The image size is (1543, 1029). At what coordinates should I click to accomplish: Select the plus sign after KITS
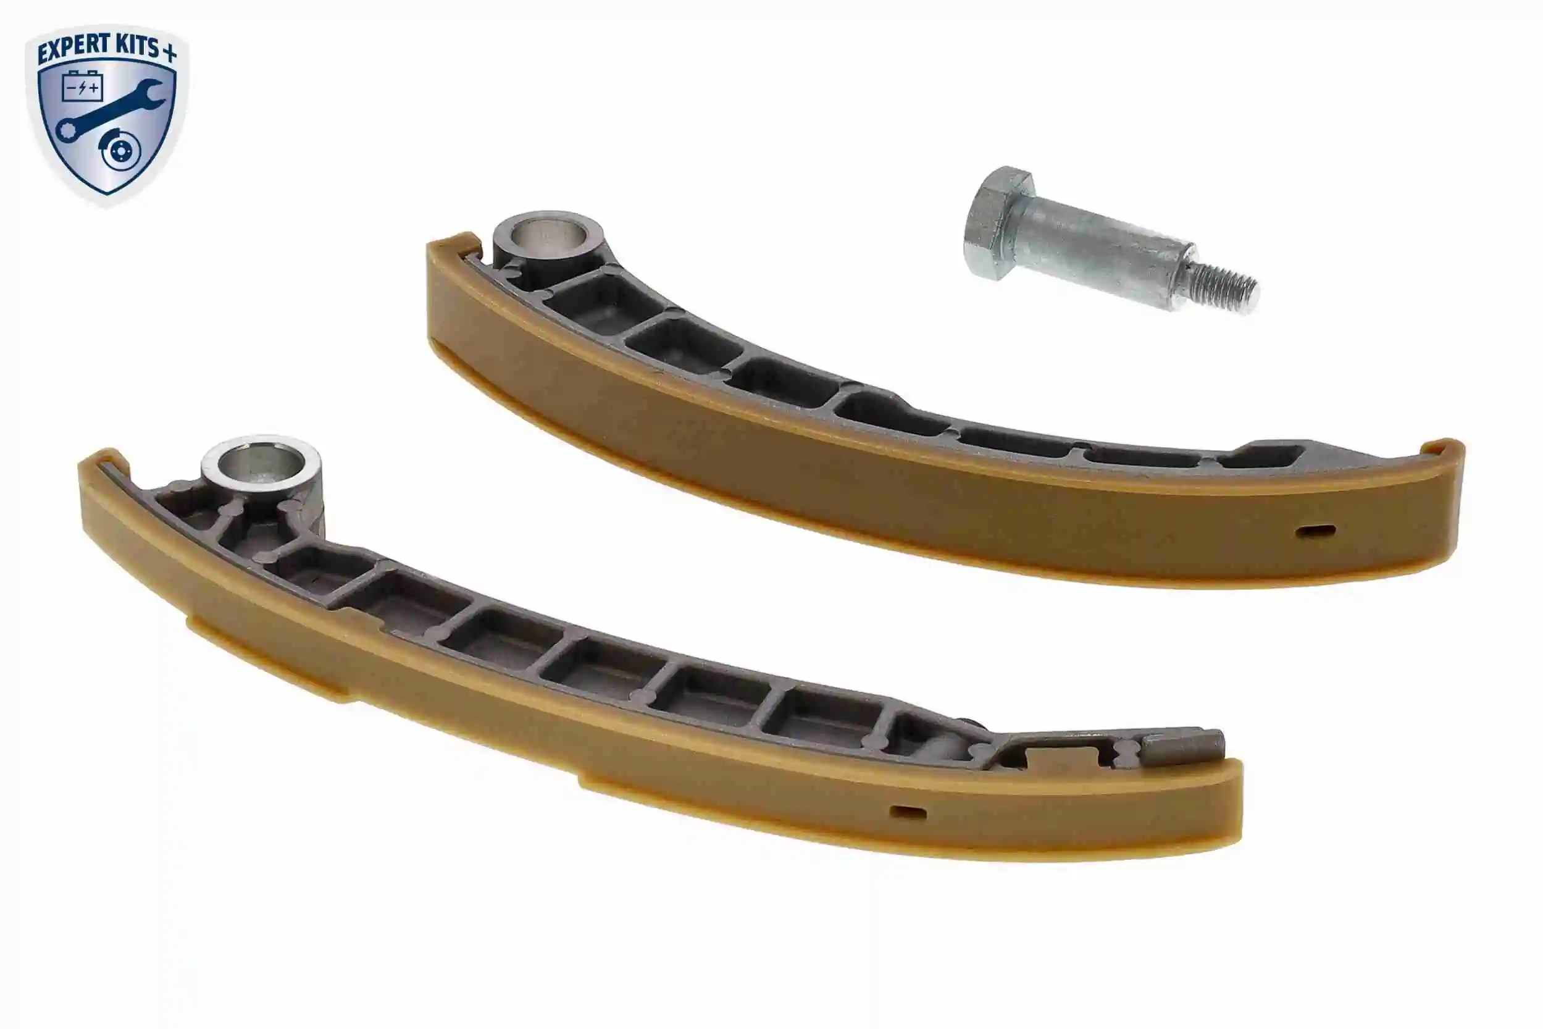(x=169, y=53)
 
